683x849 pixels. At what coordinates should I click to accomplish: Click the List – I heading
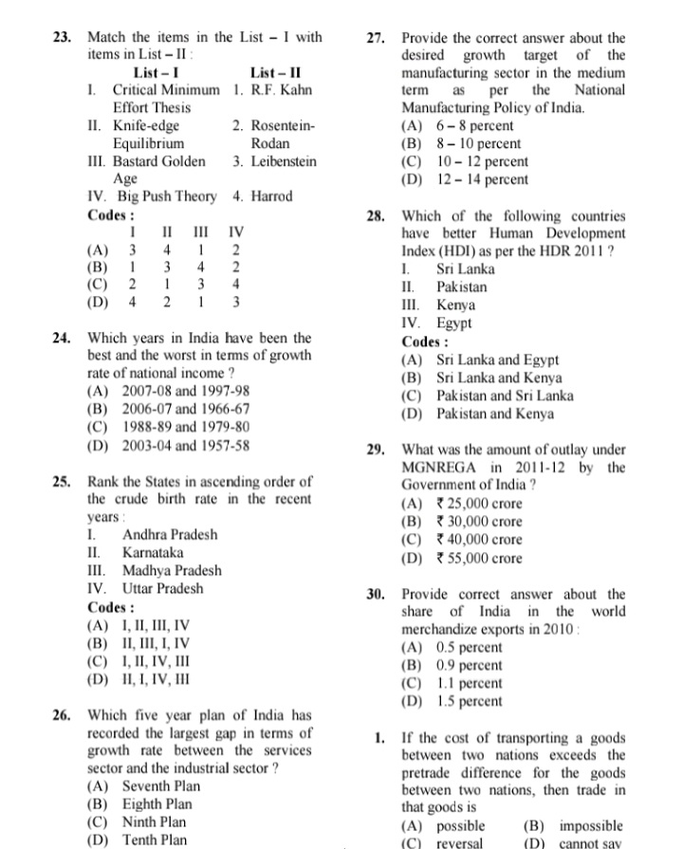157,73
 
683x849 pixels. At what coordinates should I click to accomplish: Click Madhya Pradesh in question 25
172,571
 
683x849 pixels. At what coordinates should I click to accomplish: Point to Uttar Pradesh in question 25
162,589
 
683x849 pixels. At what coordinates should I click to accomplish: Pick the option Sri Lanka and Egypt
497,360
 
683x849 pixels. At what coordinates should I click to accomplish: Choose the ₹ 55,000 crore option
478,559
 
